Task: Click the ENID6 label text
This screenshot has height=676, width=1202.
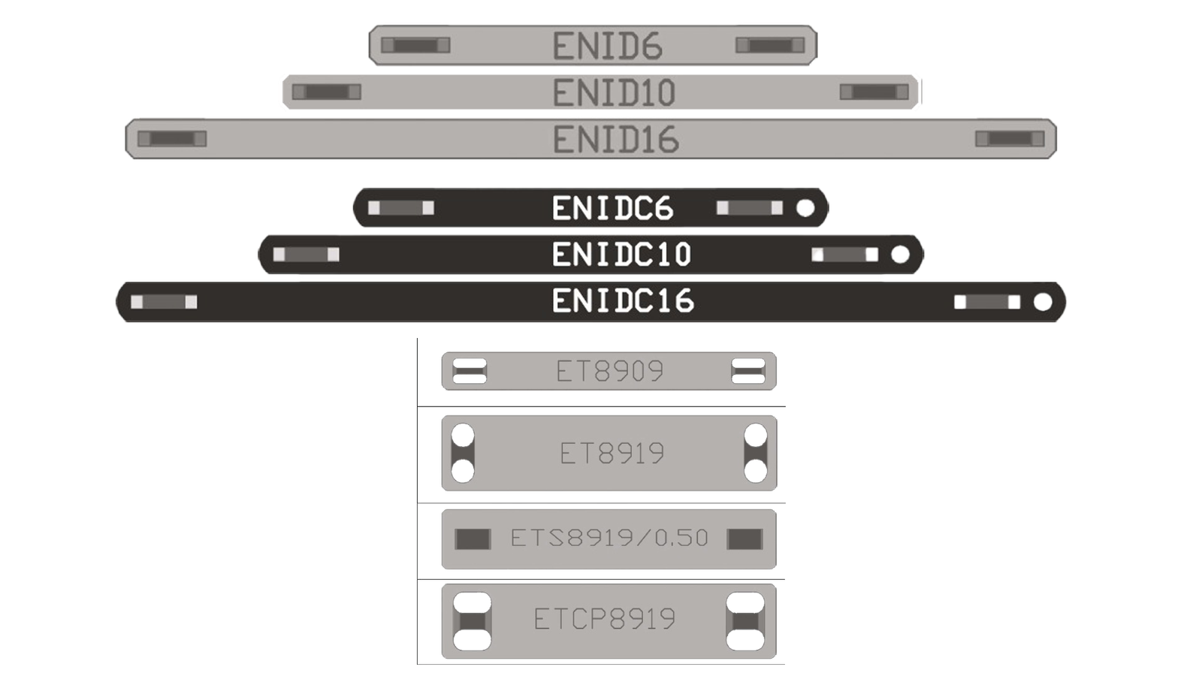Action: coord(607,47)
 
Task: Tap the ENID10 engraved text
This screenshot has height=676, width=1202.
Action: coord(614,93)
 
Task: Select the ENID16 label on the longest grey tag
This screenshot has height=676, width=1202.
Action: coord(616,140)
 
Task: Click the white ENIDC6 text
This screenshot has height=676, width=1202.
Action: coord(612,209)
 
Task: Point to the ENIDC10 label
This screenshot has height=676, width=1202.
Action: coord(621,255)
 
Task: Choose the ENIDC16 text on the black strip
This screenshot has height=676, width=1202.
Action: coord(623,301)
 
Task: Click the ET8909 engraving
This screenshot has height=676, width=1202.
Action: coord(609,371)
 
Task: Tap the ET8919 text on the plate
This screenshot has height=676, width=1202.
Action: coord(612,454)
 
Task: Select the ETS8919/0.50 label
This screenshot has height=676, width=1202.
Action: coord(609,538)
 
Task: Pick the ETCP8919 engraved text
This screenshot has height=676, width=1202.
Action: coord(604,619)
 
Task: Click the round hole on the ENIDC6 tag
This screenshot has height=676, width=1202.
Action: coord(805,208)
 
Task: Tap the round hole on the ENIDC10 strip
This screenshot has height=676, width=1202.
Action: coord(899,255)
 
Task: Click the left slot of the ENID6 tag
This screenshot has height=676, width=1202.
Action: coord(415,45)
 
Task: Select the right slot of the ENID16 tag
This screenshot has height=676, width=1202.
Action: coord(1009,138)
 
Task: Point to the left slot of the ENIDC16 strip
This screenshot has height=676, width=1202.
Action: coord(164,302)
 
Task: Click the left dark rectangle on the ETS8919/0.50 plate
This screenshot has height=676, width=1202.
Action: coord(473,539)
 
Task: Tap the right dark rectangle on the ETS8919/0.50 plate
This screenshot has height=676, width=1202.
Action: coord(744,539)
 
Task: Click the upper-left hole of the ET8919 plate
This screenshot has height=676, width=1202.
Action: coord(463,436)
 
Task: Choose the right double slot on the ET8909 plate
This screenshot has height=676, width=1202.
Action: coord(747,371)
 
